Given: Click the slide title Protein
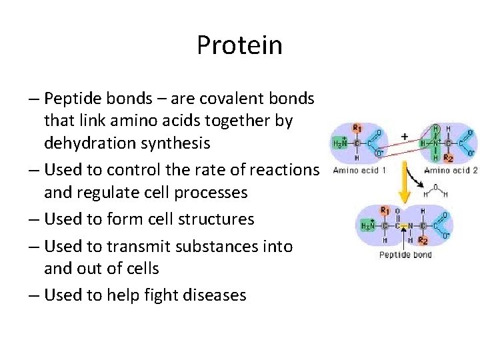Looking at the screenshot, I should point(239,46).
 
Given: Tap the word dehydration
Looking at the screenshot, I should point(93,143).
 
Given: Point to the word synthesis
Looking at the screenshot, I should point(178,143).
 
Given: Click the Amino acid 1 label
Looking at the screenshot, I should point(355,170).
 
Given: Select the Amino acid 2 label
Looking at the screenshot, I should point(451,170).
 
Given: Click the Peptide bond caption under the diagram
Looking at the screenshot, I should point(405,255).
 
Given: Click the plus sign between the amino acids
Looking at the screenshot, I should point(403,136).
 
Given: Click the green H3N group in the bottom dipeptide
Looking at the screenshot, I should point(367,227).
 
